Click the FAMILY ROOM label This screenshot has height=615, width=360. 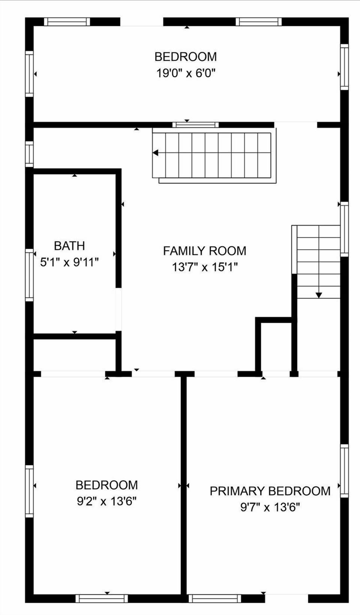204,251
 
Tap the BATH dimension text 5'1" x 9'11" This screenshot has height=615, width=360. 69,262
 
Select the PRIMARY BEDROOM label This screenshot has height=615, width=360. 270,491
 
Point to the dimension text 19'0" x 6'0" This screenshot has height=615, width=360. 186,73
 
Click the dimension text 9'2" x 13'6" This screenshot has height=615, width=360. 106,501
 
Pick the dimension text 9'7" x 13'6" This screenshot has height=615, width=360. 270,507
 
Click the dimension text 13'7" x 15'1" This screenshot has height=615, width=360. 204,267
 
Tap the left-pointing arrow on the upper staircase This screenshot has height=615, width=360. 156,153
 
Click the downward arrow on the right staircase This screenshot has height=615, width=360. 318,295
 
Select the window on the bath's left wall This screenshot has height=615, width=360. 29,275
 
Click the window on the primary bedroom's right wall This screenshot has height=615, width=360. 344,471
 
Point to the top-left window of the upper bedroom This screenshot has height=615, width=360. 67,22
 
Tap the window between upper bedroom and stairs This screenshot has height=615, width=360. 195,125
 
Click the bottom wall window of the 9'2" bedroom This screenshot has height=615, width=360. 102,599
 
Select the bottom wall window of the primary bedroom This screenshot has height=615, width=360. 214,599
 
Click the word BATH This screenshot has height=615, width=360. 69,246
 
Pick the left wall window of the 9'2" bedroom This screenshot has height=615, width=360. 29,491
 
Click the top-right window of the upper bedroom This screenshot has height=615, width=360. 258,22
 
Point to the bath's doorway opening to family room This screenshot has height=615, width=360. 118,309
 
